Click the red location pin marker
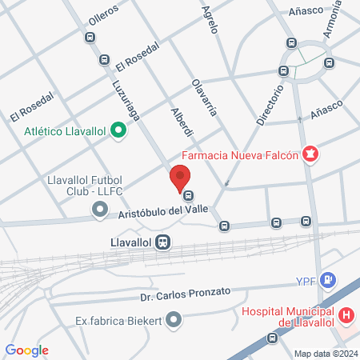coord(180,177)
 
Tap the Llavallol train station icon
coord(163,241)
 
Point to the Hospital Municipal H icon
coord(346,315)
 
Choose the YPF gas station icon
coord(327,281)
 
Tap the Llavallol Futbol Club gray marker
coord(100,209)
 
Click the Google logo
coord(26,350)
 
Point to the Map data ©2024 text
coord(325,354)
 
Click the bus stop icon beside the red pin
coord(189,195)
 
